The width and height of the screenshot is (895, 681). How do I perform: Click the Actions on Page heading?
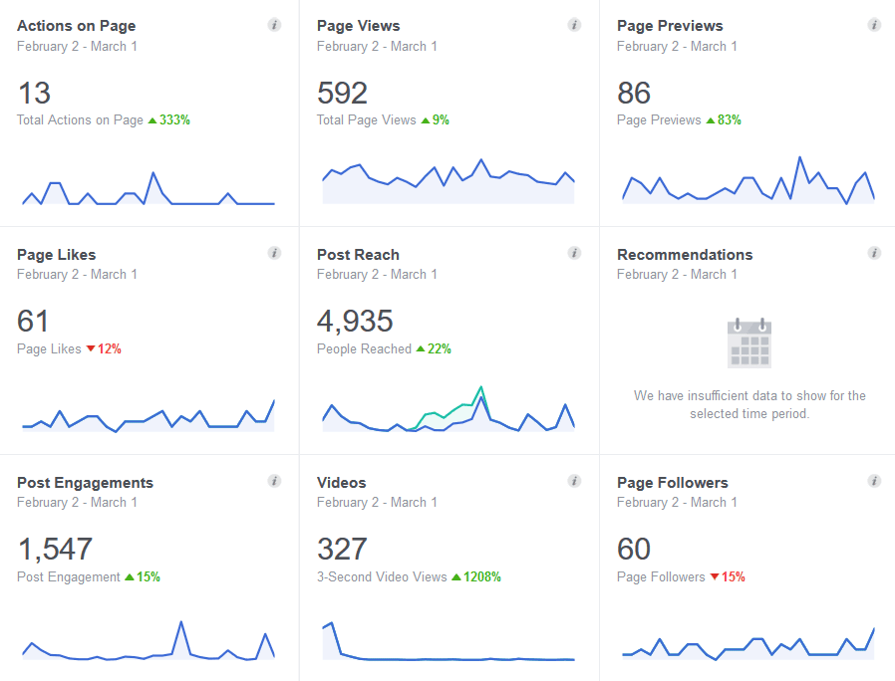coord(77,26)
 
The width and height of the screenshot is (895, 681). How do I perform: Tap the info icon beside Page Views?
coord(574,25)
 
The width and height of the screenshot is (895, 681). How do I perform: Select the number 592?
coord(343,93)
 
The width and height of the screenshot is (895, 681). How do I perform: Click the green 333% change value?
coord(174,119)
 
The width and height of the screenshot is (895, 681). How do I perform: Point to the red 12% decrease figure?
coord(109,348)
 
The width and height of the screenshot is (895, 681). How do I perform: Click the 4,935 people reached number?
coord(355,322)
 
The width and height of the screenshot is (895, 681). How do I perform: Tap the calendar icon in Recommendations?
coord(749,342)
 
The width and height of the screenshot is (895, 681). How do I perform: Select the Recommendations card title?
coord(685,254)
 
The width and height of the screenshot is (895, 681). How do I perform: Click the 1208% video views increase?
coord(481,576)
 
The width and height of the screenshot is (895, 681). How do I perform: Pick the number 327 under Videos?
coord(342,550)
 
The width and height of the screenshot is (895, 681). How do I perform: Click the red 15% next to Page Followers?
coord(733,576)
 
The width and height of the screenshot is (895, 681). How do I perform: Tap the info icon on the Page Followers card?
coord(874,481)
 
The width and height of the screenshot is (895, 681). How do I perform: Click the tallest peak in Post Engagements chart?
coord(181,622)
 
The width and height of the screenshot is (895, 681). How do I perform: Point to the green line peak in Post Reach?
coord(481,387)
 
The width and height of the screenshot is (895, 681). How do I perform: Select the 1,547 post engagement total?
coord(55,550)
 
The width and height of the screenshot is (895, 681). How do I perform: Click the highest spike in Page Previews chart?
coord(799,157)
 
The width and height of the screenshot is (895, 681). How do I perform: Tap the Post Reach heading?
coord(358,254)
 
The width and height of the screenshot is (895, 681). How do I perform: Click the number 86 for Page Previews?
coord(634,93)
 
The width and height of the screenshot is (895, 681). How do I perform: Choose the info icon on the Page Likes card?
coord(274,253)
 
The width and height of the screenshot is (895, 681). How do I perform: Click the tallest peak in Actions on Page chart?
coord(152,172)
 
